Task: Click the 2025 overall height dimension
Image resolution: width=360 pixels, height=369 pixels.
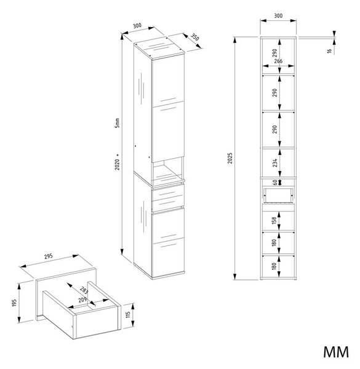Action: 230,158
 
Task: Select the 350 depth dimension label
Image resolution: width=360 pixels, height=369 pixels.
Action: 194,37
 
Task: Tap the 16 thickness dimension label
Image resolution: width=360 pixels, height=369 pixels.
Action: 329,50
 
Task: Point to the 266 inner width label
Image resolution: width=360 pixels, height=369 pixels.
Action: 278,61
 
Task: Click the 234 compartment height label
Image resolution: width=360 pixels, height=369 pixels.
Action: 274,162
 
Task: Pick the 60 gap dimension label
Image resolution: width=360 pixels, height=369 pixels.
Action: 274,183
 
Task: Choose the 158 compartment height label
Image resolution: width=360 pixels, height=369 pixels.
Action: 274,221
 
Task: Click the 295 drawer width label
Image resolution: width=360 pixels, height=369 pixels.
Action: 49,256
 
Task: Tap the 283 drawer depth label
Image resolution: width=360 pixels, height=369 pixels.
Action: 84,290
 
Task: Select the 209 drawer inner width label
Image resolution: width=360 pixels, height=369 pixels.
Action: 82,300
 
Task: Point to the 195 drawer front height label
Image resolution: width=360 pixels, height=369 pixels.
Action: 14,303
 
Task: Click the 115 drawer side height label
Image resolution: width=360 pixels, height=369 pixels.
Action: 128,315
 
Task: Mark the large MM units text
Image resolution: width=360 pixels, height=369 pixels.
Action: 336,352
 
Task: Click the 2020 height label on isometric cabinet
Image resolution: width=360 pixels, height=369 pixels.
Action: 117,164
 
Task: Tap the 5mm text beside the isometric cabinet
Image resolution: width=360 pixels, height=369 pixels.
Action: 117,123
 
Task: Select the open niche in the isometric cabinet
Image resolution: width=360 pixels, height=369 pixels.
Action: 167,170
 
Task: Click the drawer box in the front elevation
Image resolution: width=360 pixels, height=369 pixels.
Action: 278,196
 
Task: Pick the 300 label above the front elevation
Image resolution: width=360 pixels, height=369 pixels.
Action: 278,16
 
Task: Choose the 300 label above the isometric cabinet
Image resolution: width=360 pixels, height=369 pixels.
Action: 137,25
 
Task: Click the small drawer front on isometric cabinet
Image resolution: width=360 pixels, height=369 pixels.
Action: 168,197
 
